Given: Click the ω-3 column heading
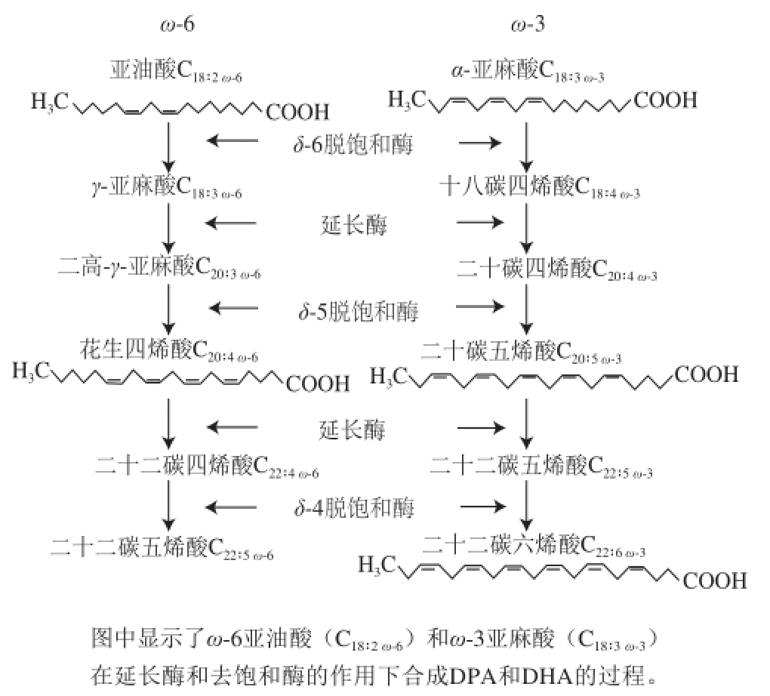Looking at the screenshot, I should pyautogui.click(x=528, y=25).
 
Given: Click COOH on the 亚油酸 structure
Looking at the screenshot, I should pyautogui.click(x=297, y=113).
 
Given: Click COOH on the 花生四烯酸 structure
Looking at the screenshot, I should pyautogui.click(x=318, y=383).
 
